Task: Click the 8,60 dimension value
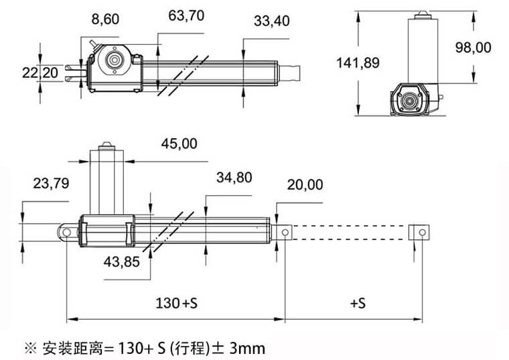[x=105, y=19]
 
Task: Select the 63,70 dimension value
[x=186, y=15]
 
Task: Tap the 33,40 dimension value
[x=272, y=21]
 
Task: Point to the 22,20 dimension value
[x=40, y=72]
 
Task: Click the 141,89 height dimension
[x=358, y=63]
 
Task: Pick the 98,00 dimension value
[x=473, y=48]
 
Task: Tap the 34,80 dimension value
[x=234, y=178]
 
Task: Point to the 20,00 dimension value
[x=305, y=184]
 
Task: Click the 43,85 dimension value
[x=122, y=262]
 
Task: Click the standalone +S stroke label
[x=358, y=303]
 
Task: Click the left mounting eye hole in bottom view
[x=67, y=231]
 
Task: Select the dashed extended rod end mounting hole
[x=421, y=232]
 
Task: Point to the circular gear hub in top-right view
[x=409, y=100]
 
